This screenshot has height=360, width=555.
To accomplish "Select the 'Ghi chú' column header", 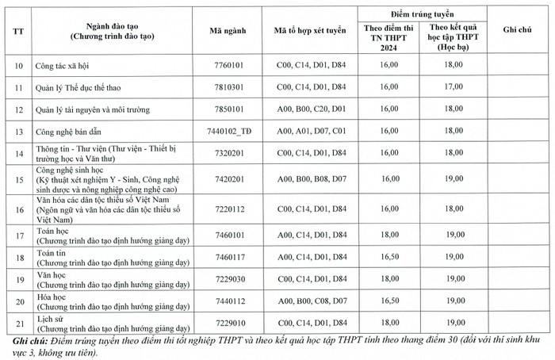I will [x=517, y=30].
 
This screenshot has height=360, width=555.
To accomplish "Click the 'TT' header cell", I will [x=19, y=30].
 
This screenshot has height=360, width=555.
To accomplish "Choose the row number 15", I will [x=19, y=180].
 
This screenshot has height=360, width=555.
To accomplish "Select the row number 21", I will [x=19, y=323].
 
